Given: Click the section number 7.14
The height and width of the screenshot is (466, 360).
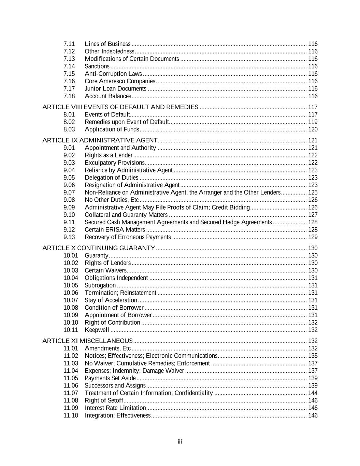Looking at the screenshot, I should (x=69, y=66).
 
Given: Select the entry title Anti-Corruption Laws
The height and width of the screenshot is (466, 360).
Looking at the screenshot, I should (x=113, y=74).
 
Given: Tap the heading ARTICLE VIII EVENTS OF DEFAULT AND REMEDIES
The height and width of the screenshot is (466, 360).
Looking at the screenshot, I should (x=120, y=107).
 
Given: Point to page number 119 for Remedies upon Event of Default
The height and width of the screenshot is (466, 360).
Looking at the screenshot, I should (x=313, y=122).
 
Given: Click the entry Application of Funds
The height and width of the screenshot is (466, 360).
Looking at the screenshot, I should (x=112, y=129).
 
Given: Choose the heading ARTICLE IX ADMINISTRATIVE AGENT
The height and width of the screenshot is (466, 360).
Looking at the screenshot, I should (x=100, y=140).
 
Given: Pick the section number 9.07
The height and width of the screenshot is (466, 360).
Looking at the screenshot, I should (x=69, y=192).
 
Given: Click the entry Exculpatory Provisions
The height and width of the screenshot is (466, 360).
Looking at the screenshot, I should (x=115, y=163).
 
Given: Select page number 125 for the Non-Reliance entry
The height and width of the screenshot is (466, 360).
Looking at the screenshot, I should (x=313, y=192).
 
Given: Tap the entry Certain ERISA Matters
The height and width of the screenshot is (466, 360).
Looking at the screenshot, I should (x=115, y=229).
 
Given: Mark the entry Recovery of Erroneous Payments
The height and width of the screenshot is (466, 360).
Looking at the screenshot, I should (x=128, y=237).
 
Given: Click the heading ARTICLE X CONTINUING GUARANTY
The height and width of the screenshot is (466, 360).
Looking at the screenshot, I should (x=99, y=248).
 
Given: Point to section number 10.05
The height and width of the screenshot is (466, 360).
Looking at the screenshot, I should (x=71, y=285).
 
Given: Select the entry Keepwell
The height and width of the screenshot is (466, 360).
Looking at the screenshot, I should (x=97, y=330).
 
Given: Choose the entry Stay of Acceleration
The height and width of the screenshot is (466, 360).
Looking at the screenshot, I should (x=111, y=300).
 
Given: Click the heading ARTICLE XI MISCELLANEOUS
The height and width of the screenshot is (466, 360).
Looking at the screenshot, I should (x=87, y=341).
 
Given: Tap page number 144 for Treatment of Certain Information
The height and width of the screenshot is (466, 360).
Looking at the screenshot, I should (x=313, y=393).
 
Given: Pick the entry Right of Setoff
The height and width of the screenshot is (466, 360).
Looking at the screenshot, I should (x=104, y=400).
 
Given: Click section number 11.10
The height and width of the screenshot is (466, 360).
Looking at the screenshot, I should (x=71, y=415).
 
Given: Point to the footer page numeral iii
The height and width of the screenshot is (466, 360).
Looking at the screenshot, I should (x=180, y=442).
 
